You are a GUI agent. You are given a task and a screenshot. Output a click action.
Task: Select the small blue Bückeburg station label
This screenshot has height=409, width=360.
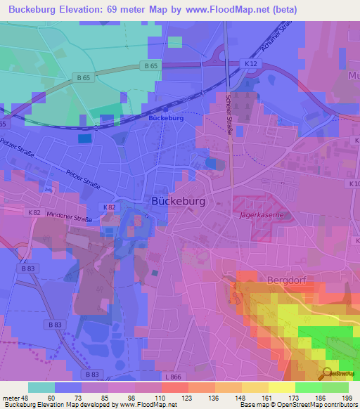(166, 119)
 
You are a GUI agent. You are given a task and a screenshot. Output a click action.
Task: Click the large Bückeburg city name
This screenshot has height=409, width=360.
(179, 201)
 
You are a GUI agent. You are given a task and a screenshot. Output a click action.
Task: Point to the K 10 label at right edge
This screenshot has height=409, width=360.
(354, 183)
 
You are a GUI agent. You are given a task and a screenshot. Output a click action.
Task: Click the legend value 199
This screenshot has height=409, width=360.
(346, 398)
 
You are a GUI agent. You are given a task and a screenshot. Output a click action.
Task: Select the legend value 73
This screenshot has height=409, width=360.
(70, 398)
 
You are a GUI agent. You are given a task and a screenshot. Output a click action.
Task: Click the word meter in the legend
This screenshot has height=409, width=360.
(12, 398)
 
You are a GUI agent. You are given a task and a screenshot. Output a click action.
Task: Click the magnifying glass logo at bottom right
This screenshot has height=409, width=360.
(327, 373)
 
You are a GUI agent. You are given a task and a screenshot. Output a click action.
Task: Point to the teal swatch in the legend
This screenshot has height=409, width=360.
(41, 387)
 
